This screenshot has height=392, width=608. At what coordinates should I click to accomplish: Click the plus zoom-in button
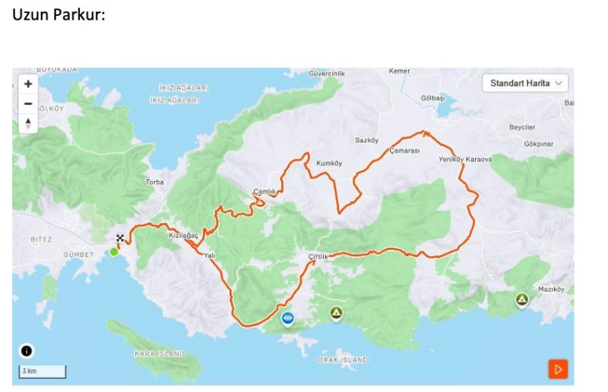click(28, 84)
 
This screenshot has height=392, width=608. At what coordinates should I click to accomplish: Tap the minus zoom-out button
click(28, 103)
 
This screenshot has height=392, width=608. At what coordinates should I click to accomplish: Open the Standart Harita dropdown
click(525, 83)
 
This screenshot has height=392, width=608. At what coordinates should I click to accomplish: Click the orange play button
click(558, 369)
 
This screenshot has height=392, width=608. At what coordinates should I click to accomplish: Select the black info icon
click(27, 350)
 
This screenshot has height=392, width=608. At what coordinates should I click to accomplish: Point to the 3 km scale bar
click(43, 371)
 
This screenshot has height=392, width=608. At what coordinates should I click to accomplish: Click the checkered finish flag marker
click(120, 237)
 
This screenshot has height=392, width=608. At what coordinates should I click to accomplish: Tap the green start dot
click(114, 251)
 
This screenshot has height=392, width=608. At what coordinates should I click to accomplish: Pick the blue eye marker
click(288, 318)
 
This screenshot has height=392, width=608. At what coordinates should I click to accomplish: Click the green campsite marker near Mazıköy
click(522, 300)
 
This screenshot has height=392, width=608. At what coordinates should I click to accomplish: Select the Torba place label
click(155, 182)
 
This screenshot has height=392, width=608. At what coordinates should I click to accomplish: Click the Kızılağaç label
click(183, 236)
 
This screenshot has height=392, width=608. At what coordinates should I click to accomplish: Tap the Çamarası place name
click(404, 150)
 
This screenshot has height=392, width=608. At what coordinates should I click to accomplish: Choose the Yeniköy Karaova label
click(466, 160)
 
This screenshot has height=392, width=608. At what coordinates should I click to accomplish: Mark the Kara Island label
click(159, 354)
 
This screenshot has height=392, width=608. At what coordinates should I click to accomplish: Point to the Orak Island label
click(342, 359)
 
